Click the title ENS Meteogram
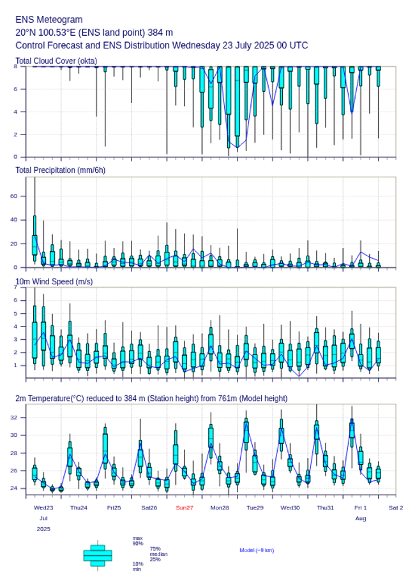(49, 20)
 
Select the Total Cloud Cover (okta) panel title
(56, 61)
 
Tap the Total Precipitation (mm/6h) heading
(61, 170)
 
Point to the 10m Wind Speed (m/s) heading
(54, 281)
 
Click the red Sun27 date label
(185, 507)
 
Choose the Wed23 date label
(43, 507)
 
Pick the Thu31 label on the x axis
(326, 507)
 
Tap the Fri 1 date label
(361, 507)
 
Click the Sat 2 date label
(396, 507)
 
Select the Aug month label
(361, 519)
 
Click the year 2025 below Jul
(43, 529)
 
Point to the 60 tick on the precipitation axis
(14, 196)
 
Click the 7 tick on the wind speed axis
(15, 288)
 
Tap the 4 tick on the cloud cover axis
(15, 112)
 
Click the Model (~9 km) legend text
(257, 550)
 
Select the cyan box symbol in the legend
(98, 555)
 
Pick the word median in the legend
(158, 554)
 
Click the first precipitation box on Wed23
(34, 245)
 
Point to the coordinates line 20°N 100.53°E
(94, 33)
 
